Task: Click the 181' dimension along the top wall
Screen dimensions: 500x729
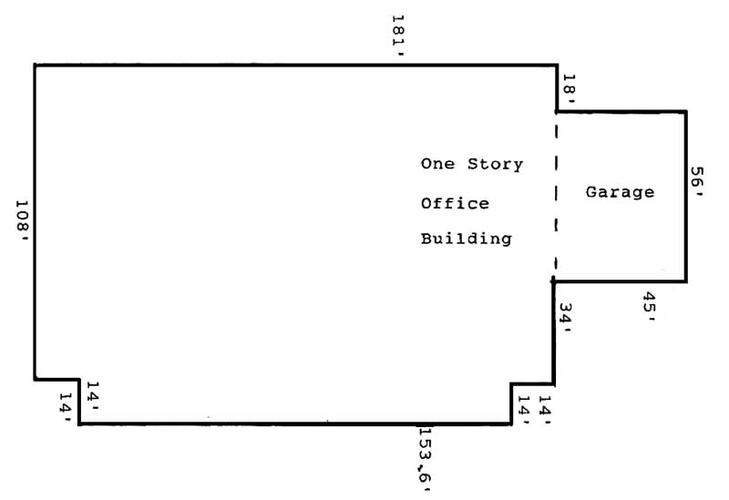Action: (397, 34)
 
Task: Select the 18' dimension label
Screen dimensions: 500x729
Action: (569, 88)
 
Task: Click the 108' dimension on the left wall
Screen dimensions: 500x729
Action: (22, 219)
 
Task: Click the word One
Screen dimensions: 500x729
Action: (437, 165)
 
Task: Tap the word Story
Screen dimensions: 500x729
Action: (496, 165)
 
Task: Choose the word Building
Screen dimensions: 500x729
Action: (466, 240)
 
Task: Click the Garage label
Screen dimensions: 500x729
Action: (620, 192)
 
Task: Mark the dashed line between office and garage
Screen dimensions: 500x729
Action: (555, 196)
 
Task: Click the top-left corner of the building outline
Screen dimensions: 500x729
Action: (35, 66)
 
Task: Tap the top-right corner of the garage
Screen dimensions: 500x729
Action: (685, 112)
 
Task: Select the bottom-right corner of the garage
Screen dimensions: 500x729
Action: (685, 281)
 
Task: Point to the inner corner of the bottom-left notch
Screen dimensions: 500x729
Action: (80, 379)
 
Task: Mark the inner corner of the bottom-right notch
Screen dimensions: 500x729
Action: (511, 383)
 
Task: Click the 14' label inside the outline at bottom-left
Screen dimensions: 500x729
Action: (92, 393)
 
